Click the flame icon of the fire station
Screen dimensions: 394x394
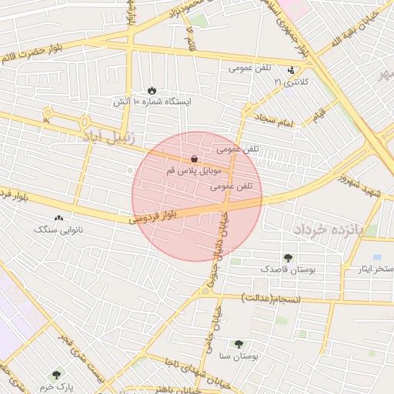point(152,90)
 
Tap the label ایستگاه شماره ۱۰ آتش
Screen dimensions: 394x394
point(152,102)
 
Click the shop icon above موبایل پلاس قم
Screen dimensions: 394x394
point(193,159)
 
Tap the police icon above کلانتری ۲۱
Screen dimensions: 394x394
point(291,71)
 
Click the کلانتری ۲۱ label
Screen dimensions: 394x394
point(291,81)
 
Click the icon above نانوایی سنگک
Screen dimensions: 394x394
point(58,219)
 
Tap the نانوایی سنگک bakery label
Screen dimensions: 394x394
point(59,229)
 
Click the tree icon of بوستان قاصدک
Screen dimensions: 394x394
point(288,258)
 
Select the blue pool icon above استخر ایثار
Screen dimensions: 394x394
point(376,257)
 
